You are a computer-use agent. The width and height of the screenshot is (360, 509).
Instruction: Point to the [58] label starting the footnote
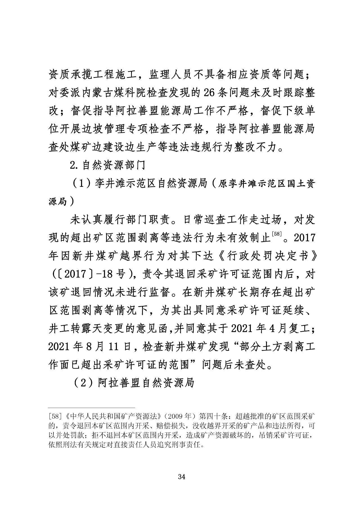pyautogui.click(x=53, y=415)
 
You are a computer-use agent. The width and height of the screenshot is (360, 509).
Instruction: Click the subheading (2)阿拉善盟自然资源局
pyautogui.click(x=134, y=382)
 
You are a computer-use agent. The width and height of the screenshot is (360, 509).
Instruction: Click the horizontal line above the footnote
pyautogui.click(x=92, y=407)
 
